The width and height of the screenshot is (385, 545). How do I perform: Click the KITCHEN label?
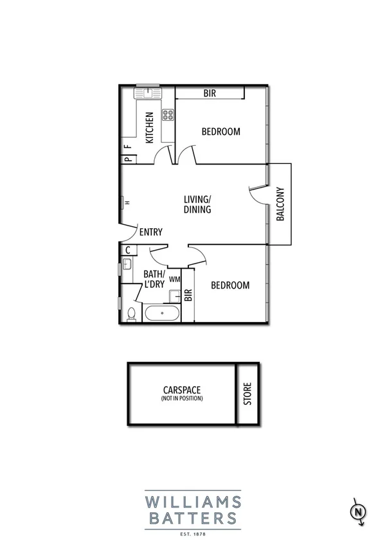(x=149, y=127)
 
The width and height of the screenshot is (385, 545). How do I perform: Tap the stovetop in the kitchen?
(x=168, y=115)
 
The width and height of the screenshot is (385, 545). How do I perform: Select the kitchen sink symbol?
(x=147, y=93)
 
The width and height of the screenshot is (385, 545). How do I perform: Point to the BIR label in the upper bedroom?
(x=210, y=93)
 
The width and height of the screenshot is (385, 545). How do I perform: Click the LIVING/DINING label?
(x=197, y=204)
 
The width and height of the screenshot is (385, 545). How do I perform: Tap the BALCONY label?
(x=280, y=204)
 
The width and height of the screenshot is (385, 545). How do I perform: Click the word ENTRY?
(x=150, y=232)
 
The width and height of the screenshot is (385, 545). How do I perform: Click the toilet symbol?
(x=131, y=314)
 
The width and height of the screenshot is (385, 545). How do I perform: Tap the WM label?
(x=174, y=279)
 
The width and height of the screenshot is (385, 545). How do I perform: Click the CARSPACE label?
(x=182, y=389)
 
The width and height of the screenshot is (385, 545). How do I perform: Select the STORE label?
(x=249, y=394)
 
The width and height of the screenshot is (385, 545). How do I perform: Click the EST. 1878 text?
(x=192, y=533)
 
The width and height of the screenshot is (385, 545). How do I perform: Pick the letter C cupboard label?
(x=128, y=250)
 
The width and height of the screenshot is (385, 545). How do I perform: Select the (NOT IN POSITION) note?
(x=182, y=399)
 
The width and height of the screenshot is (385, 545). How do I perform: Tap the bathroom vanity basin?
(x=127, y=264)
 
